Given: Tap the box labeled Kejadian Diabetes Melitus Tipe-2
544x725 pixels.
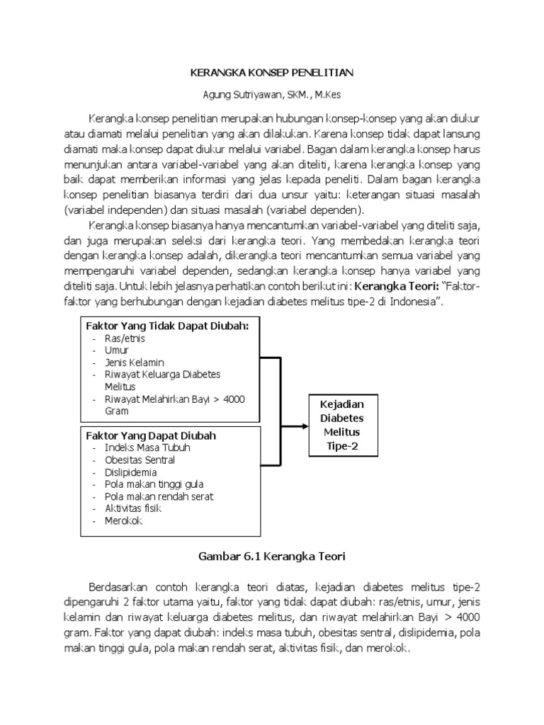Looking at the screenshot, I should click(343, 425).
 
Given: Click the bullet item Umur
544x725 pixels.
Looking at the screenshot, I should click(117, 350).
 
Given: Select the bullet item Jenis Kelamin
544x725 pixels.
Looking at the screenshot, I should click(134, 362).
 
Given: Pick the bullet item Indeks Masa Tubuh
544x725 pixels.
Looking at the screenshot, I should click(147, 447).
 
